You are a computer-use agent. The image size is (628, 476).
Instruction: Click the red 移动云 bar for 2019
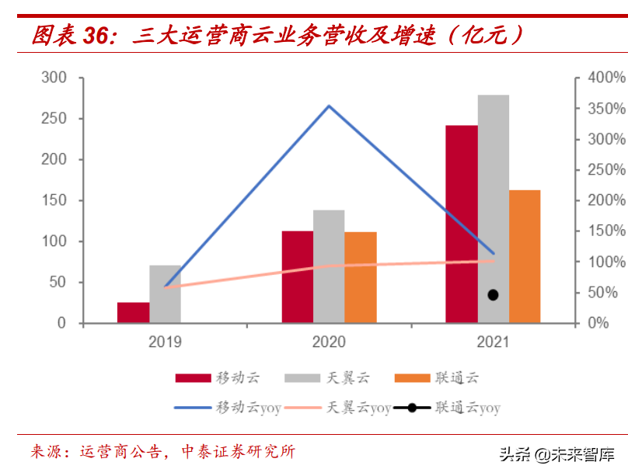click(x=134, y=312)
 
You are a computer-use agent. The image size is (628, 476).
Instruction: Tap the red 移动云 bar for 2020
click(x=297, y=276)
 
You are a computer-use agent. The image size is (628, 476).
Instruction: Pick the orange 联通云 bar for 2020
click(x=361, y=277)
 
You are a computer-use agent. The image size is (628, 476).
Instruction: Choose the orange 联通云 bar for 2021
click(x=525, y=256)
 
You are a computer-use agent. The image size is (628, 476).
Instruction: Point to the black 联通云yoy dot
click(x=493, y=294)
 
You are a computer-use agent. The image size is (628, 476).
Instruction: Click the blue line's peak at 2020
click(x=329, y=106)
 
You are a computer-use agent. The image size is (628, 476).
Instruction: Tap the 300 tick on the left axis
click(x=54, y=78)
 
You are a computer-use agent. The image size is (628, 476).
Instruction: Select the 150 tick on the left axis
click(x=54, y=200)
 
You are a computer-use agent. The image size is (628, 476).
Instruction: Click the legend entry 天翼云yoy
click(x=358, y=407)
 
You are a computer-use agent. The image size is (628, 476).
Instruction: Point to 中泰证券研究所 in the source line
click(x=238, y=452)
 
